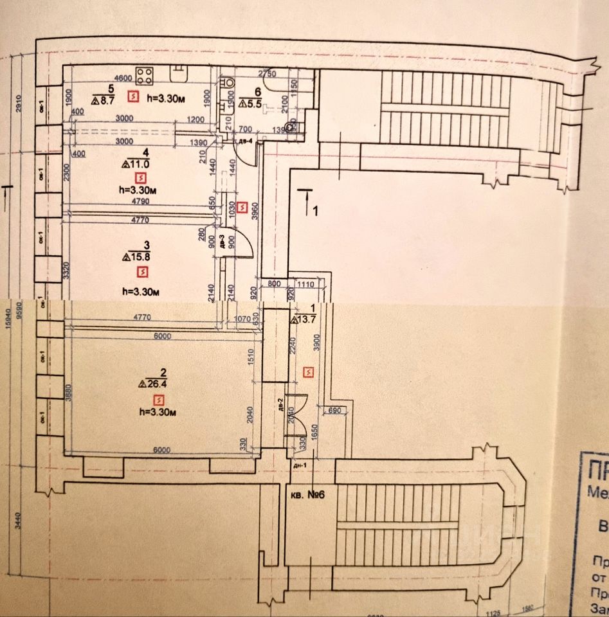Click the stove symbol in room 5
tap(143, 76)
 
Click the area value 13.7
tap(305, 319)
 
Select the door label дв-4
tap(244, 141)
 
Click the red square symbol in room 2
tap(150, 400)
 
